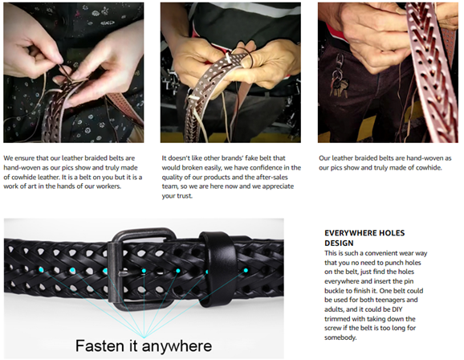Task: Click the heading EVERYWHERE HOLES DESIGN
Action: pos(364,238)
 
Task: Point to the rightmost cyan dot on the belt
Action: pos(246,270)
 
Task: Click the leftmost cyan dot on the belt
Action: pos(41,270)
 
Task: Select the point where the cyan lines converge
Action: pos(144,337)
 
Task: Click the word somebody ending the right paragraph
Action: pos(340,337)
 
